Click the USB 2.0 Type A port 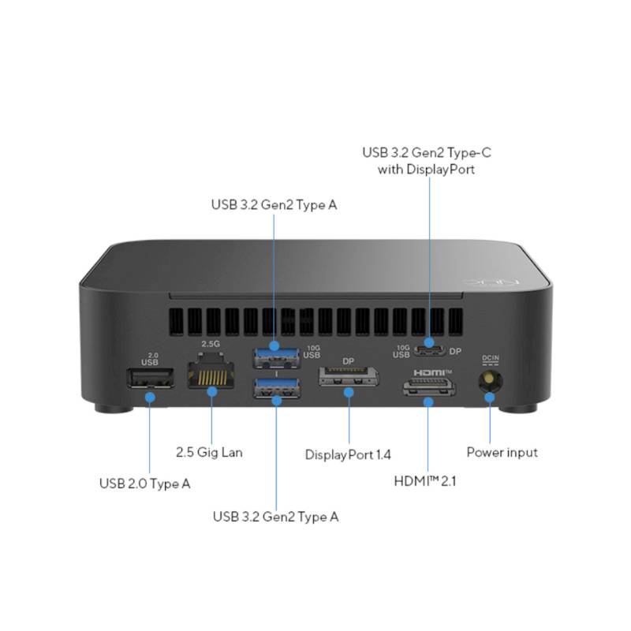coord(151,378)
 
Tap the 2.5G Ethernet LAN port coord(211,370)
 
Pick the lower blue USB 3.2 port coord(277,388)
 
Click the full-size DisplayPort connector coord(349,377)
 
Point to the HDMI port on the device coord(429,387)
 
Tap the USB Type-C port coord(429,350)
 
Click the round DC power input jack coord(490,380)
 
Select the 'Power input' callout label coord(502,452)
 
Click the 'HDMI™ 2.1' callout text coord(425,481)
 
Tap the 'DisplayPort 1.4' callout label coord(348,455)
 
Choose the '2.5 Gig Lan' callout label coord(209,452)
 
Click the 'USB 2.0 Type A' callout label coord(145,484)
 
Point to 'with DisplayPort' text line coord(426,169)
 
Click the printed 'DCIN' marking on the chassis coord(490,358)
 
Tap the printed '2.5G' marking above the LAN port coord(211,344)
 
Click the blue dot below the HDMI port coord(428,401)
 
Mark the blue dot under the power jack coord(489,398)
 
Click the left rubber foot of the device coord(114,409)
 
